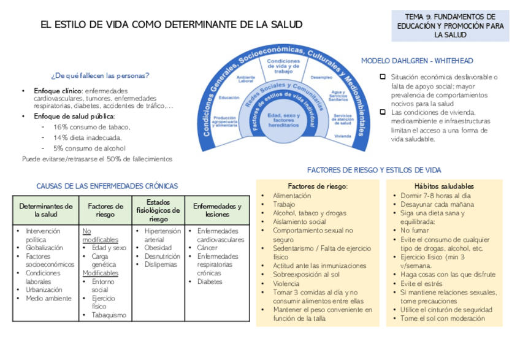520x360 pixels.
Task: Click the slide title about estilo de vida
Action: (x=171, y=25)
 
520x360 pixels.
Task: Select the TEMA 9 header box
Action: (x=449, y=26)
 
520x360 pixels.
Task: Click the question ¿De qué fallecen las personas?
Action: (x=101, y=76)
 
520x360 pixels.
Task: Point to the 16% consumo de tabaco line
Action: (x=92, y=127)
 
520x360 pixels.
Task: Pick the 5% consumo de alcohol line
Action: (x=90, y=148)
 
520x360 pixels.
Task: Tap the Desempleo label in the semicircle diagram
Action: (x=321, y=79)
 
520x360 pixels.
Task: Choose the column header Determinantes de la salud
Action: (x=46, y=210)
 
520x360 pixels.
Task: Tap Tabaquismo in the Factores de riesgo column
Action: (x=109, y=315)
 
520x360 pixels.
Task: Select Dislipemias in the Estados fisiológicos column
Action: (x=161, y=264)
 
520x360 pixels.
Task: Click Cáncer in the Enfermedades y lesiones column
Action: (x=207, y=248)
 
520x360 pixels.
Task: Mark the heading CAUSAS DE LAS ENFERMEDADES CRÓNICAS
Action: (x=107, y=185)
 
